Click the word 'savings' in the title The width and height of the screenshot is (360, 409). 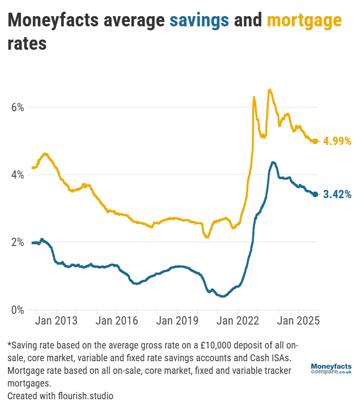point(199,20)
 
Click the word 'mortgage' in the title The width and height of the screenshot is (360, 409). point(304,20)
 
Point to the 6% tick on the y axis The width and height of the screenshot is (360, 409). point(18,107)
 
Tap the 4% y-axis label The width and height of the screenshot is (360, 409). point(18,175)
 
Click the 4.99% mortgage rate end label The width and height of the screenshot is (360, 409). point(337,142)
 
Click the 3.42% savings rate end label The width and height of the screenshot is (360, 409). point(337,194)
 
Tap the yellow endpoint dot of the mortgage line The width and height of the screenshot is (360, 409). point(316,141)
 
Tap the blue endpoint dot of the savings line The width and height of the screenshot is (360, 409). point(316,194)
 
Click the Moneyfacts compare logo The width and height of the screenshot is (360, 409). point(331,368)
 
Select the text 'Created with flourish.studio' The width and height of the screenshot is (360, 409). point(60,395)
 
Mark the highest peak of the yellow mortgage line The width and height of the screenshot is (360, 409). point(269,90)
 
